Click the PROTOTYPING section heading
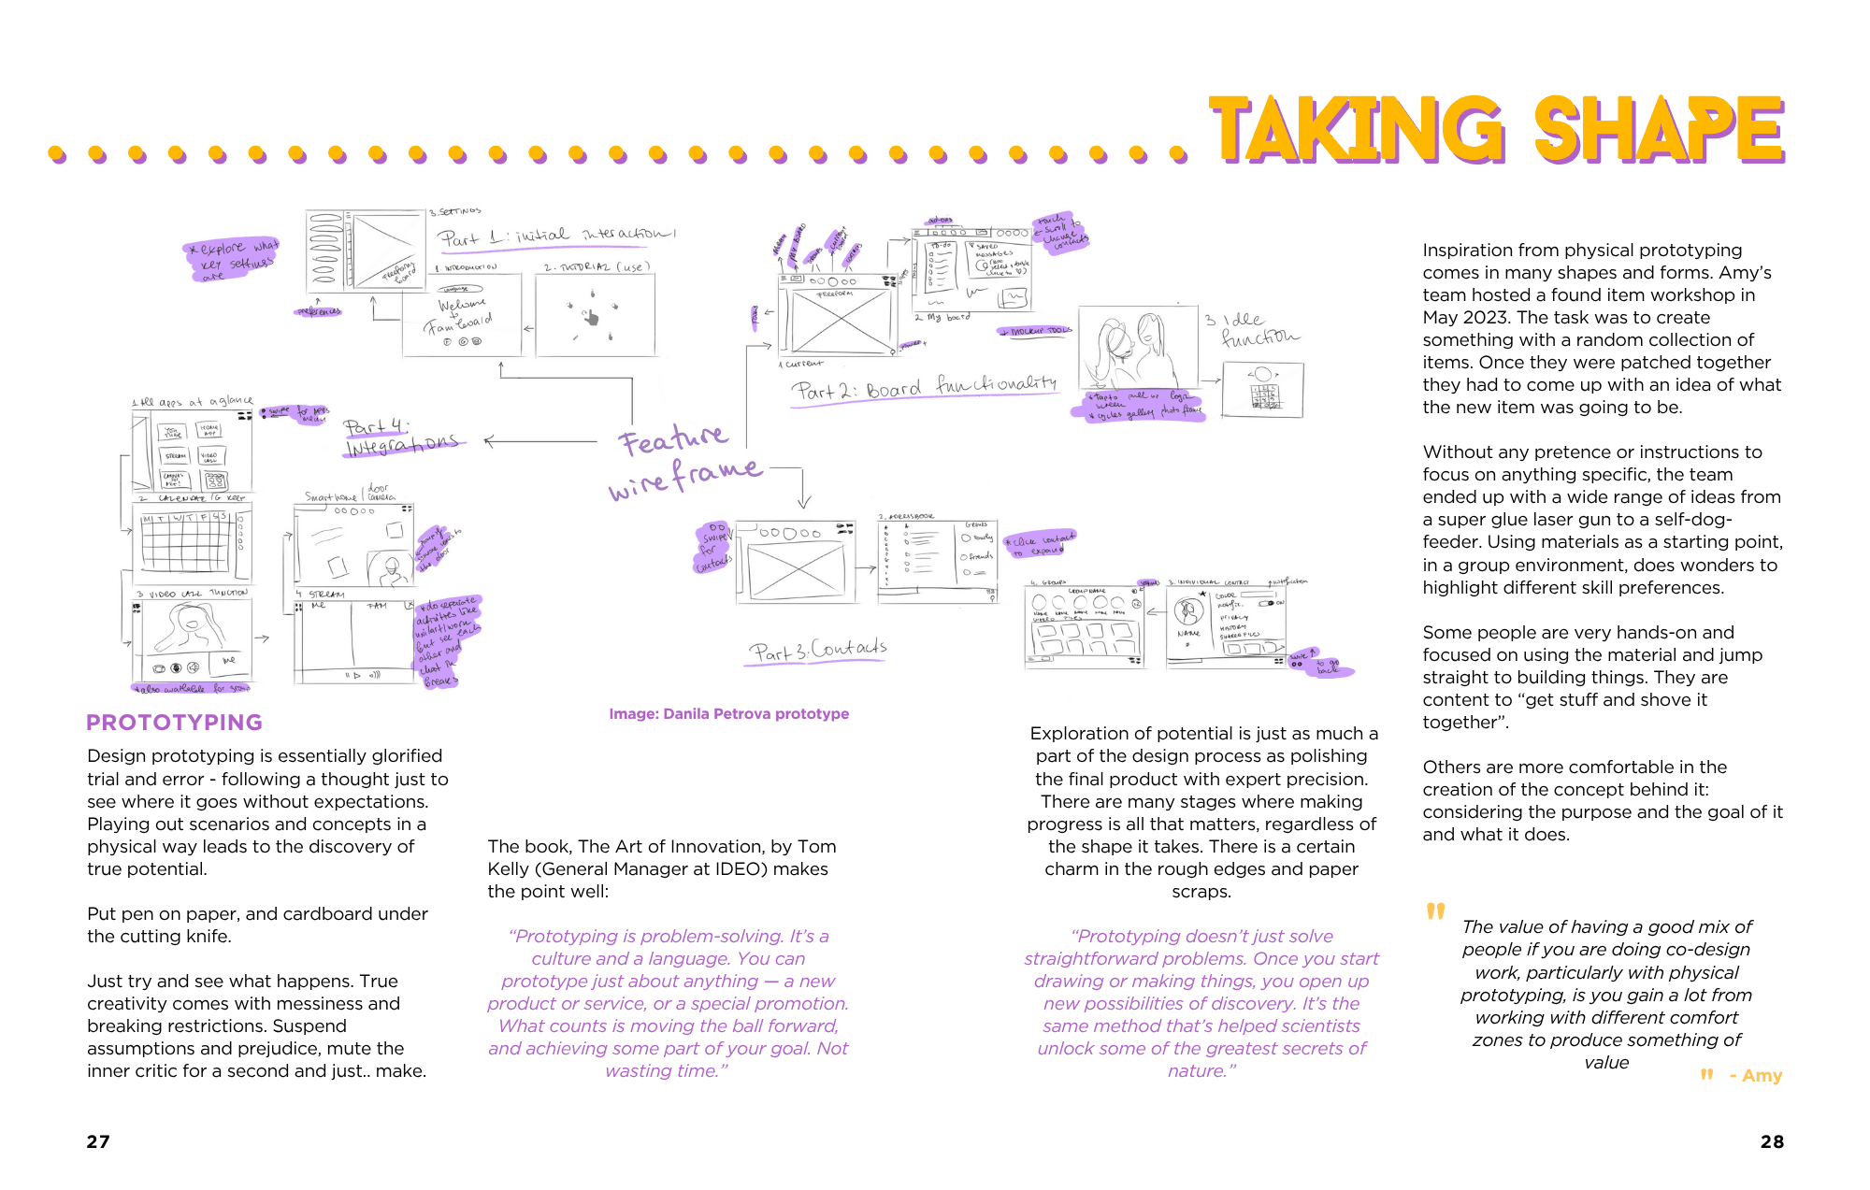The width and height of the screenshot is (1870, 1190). (x=174, y=723)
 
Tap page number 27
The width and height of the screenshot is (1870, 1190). (x=98, y=1141)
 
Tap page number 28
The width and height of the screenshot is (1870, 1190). (x=1772, y=1141)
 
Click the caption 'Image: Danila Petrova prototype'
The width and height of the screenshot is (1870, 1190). (x=728, y=714)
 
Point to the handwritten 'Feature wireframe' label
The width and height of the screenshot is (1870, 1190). (x=683, y=463)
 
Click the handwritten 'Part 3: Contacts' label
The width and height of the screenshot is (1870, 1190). (x=816, y=651)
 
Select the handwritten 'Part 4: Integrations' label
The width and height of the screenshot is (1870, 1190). (x=400, y=437)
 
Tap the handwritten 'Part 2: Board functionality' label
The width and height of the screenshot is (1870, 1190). (x=924, y=387)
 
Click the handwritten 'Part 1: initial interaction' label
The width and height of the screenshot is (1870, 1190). (x=556, y=237)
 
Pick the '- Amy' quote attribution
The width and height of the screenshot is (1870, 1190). (x=1755, y=1076)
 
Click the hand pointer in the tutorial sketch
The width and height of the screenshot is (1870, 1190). (x=591, y=318)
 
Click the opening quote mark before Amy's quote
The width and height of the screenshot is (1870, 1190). (x=1435, y=911)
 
